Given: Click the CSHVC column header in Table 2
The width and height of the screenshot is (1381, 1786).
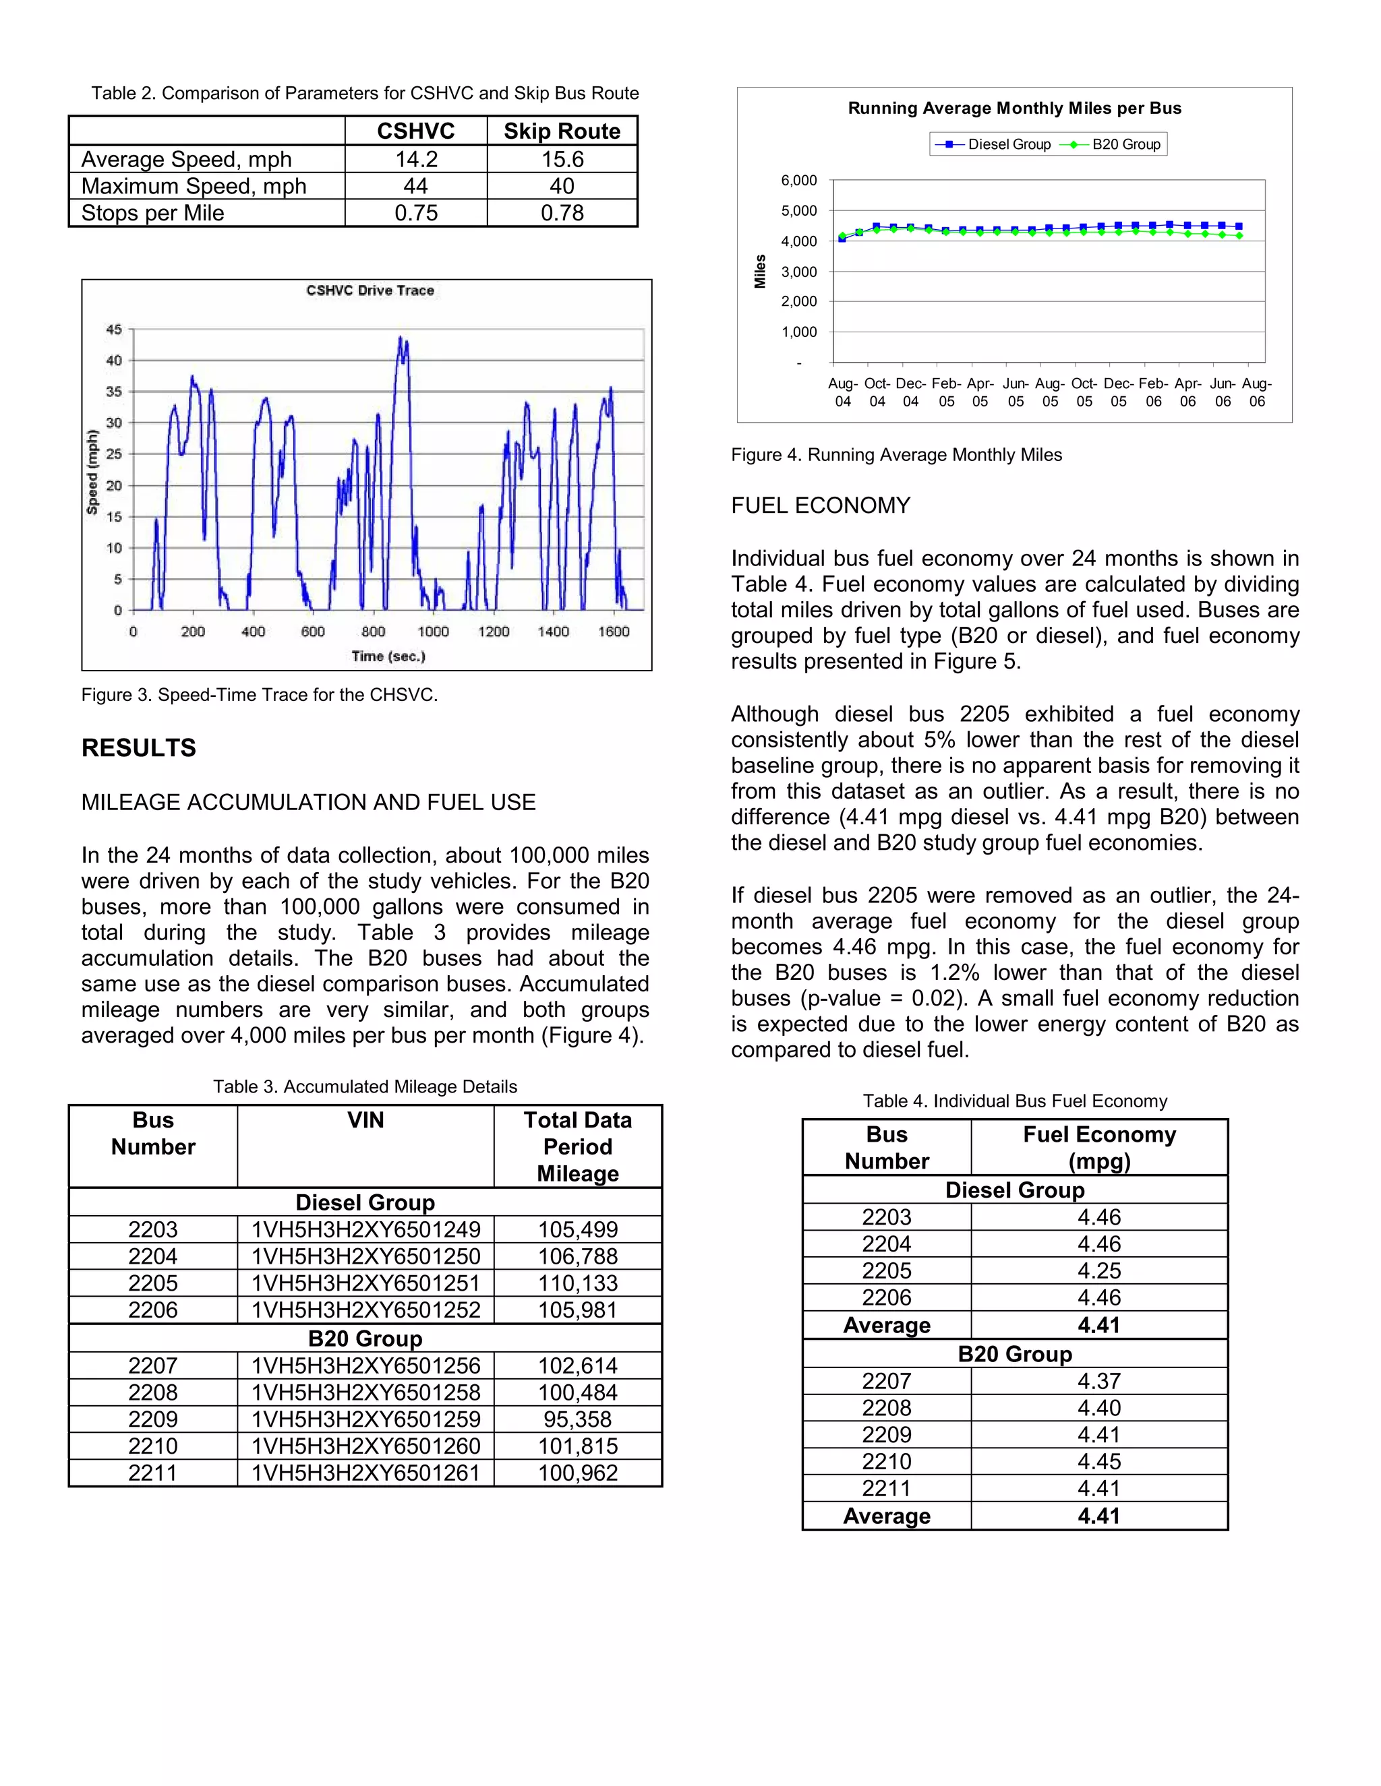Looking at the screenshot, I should pos(415,131).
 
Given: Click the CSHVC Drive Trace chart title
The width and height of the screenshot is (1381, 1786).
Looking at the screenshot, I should pos(370,290).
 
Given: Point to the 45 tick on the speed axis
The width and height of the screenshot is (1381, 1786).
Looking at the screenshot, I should pos(114,330).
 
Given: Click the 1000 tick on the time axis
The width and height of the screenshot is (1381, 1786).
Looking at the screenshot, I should pos(433,632).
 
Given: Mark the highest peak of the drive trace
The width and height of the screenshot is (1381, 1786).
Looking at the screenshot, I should pos(400,338).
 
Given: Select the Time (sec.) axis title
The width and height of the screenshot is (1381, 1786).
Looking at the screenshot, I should pos(388,656).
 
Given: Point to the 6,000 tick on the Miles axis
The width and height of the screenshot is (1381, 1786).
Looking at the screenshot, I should pos(798,181).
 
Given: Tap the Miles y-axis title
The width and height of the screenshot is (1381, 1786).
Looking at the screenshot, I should pos(760,271).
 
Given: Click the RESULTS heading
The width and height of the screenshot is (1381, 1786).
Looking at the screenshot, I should pos(139,747).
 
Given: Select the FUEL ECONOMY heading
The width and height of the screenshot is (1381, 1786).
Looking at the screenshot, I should pos(821,505).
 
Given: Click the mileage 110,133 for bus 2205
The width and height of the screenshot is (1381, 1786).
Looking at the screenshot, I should pos(578,1283).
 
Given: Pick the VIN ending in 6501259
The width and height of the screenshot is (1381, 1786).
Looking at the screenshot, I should pos(365,1419).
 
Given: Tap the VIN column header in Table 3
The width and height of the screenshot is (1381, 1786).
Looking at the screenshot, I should pos(365,1120).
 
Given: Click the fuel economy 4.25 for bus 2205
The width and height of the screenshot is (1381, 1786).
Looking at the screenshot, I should pos(1098,1271).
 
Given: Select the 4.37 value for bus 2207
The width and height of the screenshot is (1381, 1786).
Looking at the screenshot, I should pos(1098,1381).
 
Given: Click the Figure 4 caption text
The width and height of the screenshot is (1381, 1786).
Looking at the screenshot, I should pos(897,455).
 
